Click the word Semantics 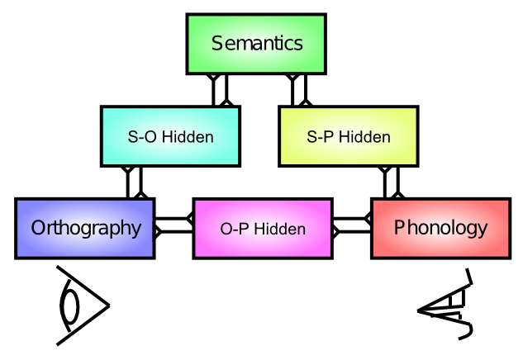point(256,44)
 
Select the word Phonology point(440,227)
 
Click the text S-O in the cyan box point(142,137)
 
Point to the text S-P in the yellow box point(321,137)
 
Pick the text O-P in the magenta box point(235,229)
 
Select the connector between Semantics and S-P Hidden point(298,90)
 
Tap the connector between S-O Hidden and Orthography point(135,182)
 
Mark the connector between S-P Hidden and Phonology point(391,182)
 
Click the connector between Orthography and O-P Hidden point(174,225)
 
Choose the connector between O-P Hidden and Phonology point(352,225)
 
